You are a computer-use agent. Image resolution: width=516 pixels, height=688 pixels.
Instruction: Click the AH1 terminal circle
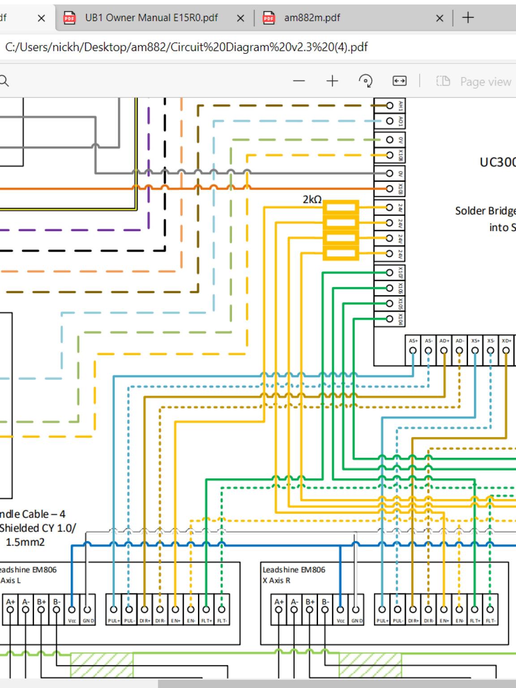(x=390, y=105)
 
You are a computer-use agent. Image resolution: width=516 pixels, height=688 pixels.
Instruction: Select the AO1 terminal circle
(x=390, y=121)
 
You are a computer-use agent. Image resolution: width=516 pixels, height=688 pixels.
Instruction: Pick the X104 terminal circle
(x=390, y=319)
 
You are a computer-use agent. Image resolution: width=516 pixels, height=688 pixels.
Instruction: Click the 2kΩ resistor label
(x=312, y=200)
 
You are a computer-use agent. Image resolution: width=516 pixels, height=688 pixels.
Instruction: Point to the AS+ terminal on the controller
(x=413, y=351)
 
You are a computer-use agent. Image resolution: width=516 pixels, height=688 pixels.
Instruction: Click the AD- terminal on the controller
(x=460, y=351)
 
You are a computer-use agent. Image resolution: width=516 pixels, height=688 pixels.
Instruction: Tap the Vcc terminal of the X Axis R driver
(x=340, y=610)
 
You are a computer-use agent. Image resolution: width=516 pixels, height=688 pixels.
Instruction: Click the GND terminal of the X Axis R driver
(x=356, y=610)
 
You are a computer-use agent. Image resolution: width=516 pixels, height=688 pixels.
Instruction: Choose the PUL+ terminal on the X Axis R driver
(x=382, y=610)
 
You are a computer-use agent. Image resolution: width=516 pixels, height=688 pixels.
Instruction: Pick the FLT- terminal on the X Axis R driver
(x=490, y=610)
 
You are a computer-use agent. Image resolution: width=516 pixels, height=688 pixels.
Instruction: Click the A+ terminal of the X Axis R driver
(x=279, y=610)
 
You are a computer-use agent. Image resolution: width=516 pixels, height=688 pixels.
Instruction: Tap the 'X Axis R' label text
(x=276, y=580)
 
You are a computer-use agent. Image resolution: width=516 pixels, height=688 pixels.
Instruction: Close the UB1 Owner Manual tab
(x=241, y=18)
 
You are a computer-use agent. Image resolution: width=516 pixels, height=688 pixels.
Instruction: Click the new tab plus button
(x=468, y=18)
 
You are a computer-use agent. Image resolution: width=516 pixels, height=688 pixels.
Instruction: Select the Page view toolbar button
(x=474, y=82)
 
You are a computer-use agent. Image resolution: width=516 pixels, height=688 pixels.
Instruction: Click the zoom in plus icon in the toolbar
(x=332, y=81)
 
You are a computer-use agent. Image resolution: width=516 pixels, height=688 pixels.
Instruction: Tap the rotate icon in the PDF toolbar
(x=365, y=81)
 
